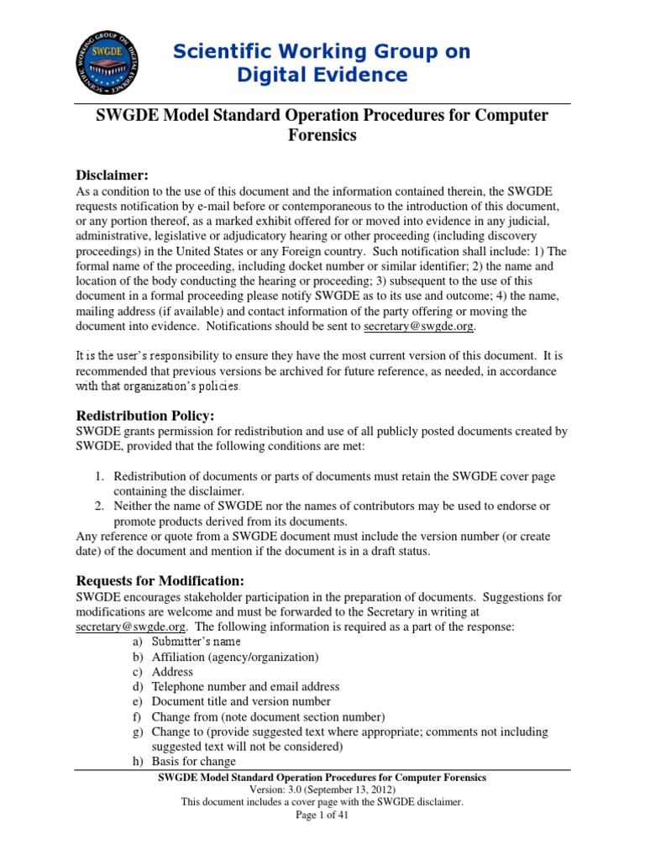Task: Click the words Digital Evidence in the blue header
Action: coord(322,75)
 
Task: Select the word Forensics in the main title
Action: coord(322,135)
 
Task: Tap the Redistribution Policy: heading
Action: coord(145,416)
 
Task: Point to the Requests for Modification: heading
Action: coord(160,580)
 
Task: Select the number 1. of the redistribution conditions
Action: coord(99,476)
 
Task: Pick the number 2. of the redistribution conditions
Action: coord(99,506)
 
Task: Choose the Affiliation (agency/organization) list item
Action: coord(235,657)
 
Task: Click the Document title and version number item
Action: coord(241,702)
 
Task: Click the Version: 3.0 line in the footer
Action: coord(322,790)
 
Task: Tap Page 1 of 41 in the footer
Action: coord(322,815)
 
